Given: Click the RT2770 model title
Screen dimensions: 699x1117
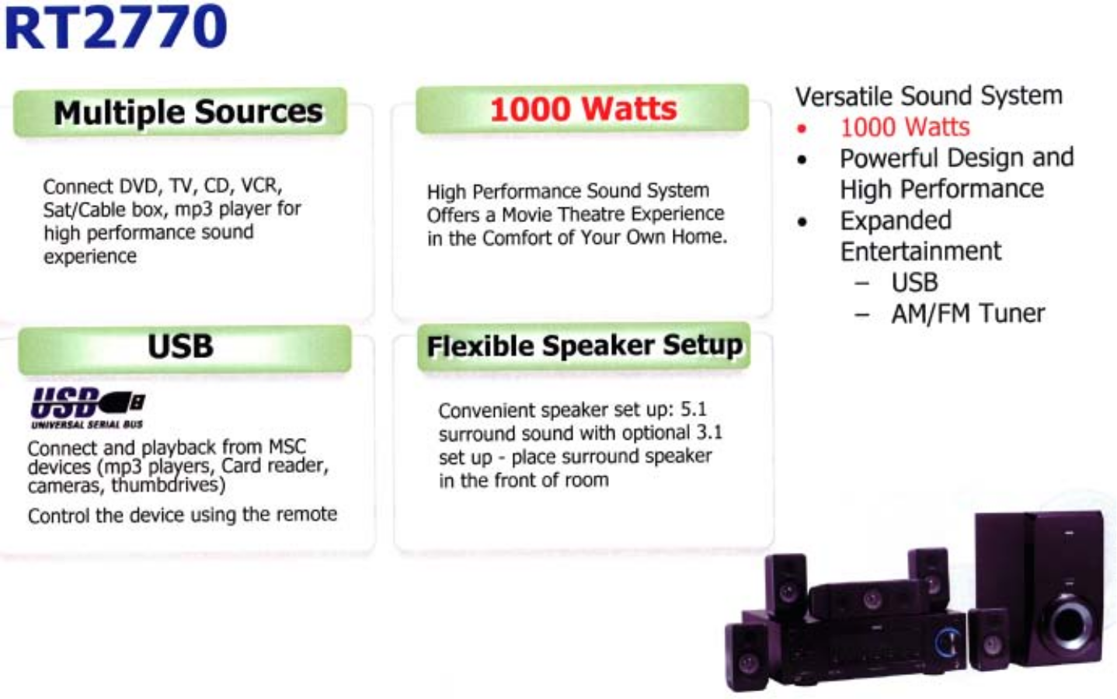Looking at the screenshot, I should click(115, 26).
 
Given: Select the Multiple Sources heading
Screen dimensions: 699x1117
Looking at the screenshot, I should click(188, 113).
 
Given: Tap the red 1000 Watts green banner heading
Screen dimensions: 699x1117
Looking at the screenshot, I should click(583, 109).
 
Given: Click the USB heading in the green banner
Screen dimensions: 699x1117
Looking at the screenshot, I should click(180, 346).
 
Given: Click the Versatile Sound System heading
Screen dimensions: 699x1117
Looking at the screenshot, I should click(928, 96).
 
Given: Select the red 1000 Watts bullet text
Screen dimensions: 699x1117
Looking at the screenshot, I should click(905, 127).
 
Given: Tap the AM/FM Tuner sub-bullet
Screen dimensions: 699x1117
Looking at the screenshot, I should click(968, 314).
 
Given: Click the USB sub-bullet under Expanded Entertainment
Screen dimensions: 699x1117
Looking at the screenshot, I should click(914, 283).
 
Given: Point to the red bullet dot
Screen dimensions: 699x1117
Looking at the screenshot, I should click(802, 129).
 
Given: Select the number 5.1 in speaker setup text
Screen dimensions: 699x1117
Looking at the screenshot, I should click(693, 409).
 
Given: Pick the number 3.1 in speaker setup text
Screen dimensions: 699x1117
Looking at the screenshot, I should click(708, 432).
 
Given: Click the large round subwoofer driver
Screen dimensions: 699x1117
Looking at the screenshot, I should click(1070, 624).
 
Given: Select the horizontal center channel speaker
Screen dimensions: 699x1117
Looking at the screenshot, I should click(858, 598).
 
